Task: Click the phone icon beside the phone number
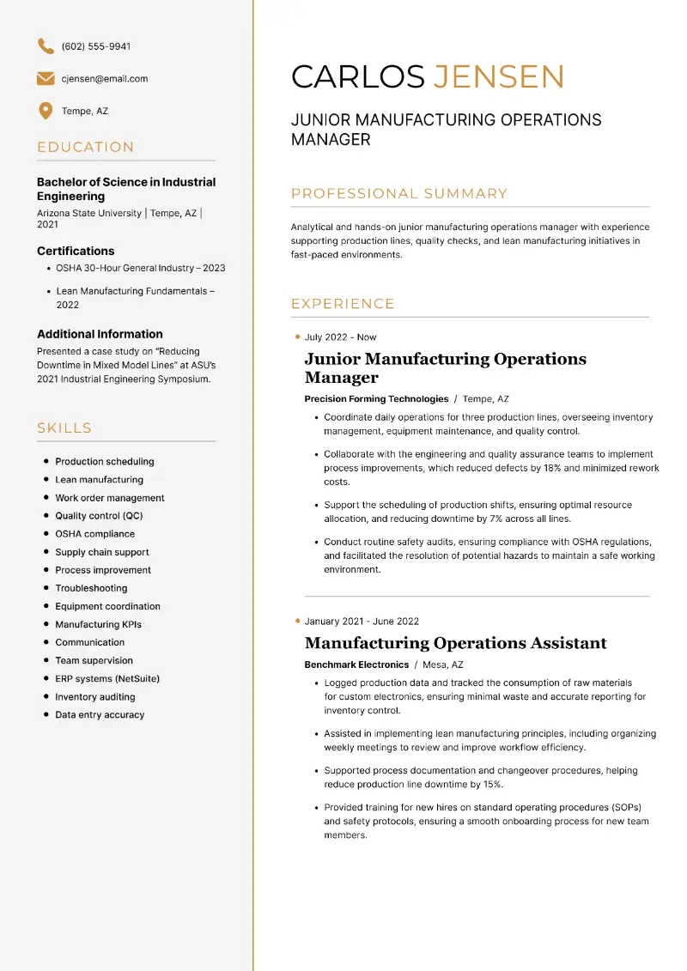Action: [x=46, y=46]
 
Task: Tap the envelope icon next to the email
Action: [x=46, y=79]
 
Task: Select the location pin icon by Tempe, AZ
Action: [x=46, y=112]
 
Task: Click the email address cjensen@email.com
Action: [x=105, y=79]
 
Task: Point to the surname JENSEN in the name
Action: [x=498, y=77]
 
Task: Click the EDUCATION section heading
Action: [x=86, y=148]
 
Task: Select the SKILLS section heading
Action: [x=64, y=428]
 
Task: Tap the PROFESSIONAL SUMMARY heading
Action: [x=399, y=194]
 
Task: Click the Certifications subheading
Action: [x=76, y=252]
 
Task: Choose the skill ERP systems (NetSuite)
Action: [x=107, y=679]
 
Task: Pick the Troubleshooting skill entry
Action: [x=91, y=589]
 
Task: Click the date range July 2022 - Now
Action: [x=340, y=337]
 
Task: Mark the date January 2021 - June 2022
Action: [x=362, y=622]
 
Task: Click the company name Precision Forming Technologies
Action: [x=376, y=399]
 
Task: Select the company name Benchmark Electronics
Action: [x=356, y=665]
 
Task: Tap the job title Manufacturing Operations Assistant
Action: [x=455, y=644]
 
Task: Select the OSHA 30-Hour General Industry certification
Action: [x=141, y=268]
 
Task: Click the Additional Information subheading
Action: [x=100, y=335]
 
